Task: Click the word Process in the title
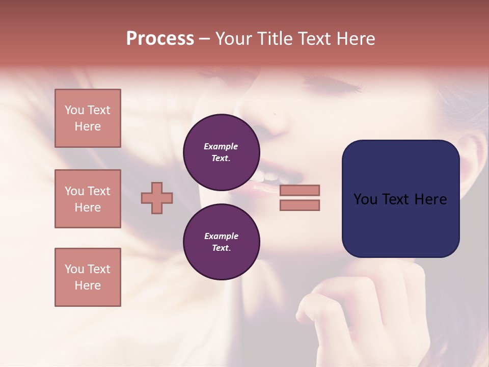pyautogui.click(x=160, y=39)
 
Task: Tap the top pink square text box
pyautogui.click(x=88, y=118)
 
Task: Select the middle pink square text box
pyautogui.click(x=88, y=199)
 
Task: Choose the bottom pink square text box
pyautogui.click(x=88, y=277)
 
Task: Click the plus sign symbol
pyautogui.click(x=157, y=198)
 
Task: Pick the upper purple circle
pyautogui.click(x=222, y=152)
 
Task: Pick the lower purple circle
pyautogui.click(x=222, y=242)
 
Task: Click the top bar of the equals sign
pyautogui.click(x=300, y=190)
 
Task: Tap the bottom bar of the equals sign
pyautogui.click(x=300, y=205)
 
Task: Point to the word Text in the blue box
pyautogui.click(x=398, y=199)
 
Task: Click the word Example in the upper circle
pyautogui.click(x=221, y=146)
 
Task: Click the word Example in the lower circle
pyautogui.click(x=221, y=236)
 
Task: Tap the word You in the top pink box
pyautogui.click(x=74, y=110)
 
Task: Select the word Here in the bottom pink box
pyautogui.click(x=88, y=285)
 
